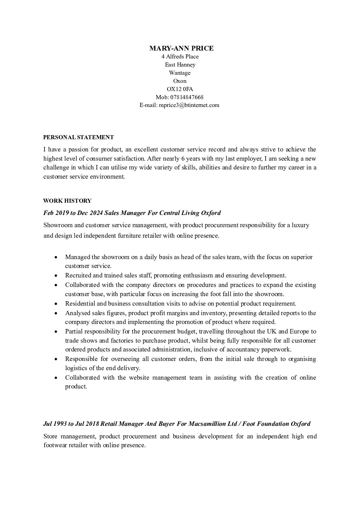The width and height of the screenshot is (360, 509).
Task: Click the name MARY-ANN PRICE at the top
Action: (x=181, y=48)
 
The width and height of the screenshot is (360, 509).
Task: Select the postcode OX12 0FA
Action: (x=180, y=89)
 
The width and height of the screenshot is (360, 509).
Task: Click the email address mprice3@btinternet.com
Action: (x=189, y=105)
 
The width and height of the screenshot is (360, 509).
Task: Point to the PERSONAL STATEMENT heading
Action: (x=78, y=138)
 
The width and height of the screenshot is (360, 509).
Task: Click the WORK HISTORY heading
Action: (x=67, y=201)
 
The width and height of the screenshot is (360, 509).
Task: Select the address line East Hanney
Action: (x=180, y=65)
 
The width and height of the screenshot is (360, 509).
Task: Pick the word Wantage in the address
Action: (x=180, y=73)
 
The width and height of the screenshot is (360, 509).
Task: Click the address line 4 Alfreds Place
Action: (x=180, y=56)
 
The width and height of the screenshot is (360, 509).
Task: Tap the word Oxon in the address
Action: (x=180, y=81)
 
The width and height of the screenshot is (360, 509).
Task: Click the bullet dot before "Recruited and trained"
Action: (x=56, y=276)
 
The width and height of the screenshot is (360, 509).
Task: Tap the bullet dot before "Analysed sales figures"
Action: (x=56, y=313)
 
